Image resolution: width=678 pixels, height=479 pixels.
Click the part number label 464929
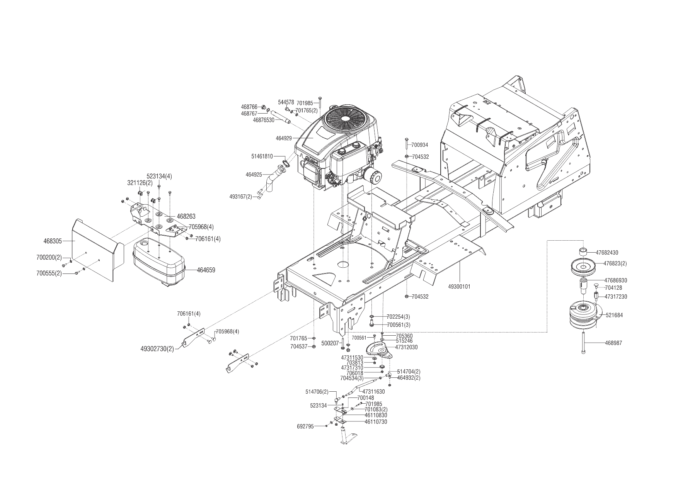coord(284,138)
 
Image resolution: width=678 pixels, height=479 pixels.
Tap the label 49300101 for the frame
coord(459,287)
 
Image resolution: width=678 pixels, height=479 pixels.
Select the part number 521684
coord(614,315)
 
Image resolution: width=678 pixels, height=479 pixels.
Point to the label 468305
coord(53,241)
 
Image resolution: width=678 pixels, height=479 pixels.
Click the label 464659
coord(206,270)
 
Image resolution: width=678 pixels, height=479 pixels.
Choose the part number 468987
coord(613,343)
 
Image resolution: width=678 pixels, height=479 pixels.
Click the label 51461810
coord(262,156)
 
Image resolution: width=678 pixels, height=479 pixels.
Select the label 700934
coord(420,145)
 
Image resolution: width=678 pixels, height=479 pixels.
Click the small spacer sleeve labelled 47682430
coord(584,252)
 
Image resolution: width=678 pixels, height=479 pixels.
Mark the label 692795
coord(305,426)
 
